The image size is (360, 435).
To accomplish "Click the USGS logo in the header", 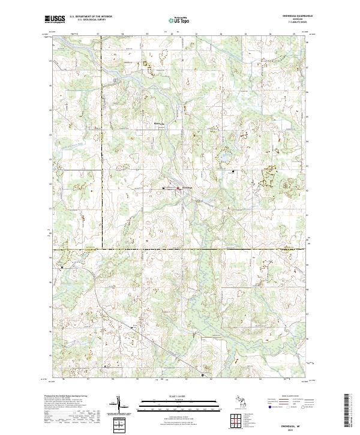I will (x=56, y=19).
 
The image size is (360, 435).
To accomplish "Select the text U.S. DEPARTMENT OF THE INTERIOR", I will (x=91, y=17).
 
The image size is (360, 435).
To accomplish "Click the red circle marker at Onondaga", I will (x=178, y=189).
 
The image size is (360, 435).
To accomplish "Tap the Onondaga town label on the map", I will (x=186, y=190).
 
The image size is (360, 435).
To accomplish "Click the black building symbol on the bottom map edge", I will (x=202, y=376).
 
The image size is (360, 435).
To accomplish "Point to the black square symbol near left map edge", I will (x=62, y=266).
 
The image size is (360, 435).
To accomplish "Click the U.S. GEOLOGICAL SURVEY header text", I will (x=87, y=20).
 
